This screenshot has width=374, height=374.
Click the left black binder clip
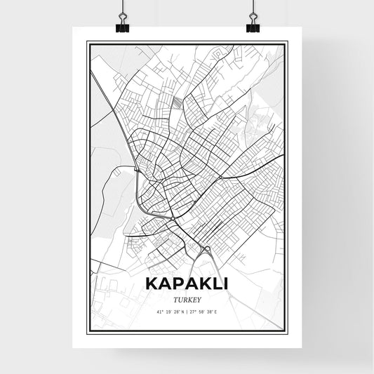click(x=121, y=25)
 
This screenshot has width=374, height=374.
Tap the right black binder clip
click(x=253, y=25)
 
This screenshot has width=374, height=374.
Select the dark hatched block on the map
click(x=176, y=104)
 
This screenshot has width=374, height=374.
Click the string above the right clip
click(x=253, y=7)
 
